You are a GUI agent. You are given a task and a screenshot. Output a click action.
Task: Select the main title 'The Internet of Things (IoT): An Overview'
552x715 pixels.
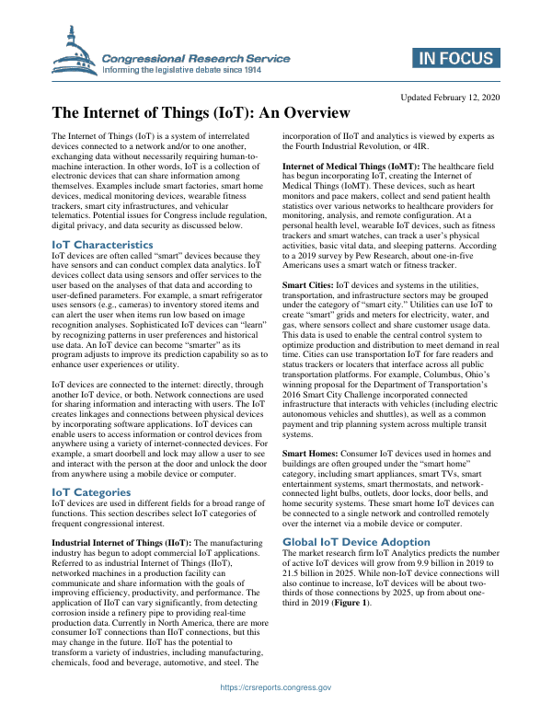[201, 114]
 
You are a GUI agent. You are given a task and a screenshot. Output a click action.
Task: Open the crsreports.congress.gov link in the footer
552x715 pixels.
[276, 687]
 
